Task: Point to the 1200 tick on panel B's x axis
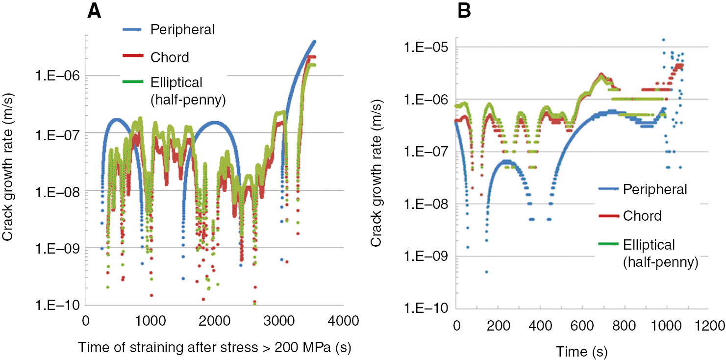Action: click(708, 326)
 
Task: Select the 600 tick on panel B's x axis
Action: click(582, 326)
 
